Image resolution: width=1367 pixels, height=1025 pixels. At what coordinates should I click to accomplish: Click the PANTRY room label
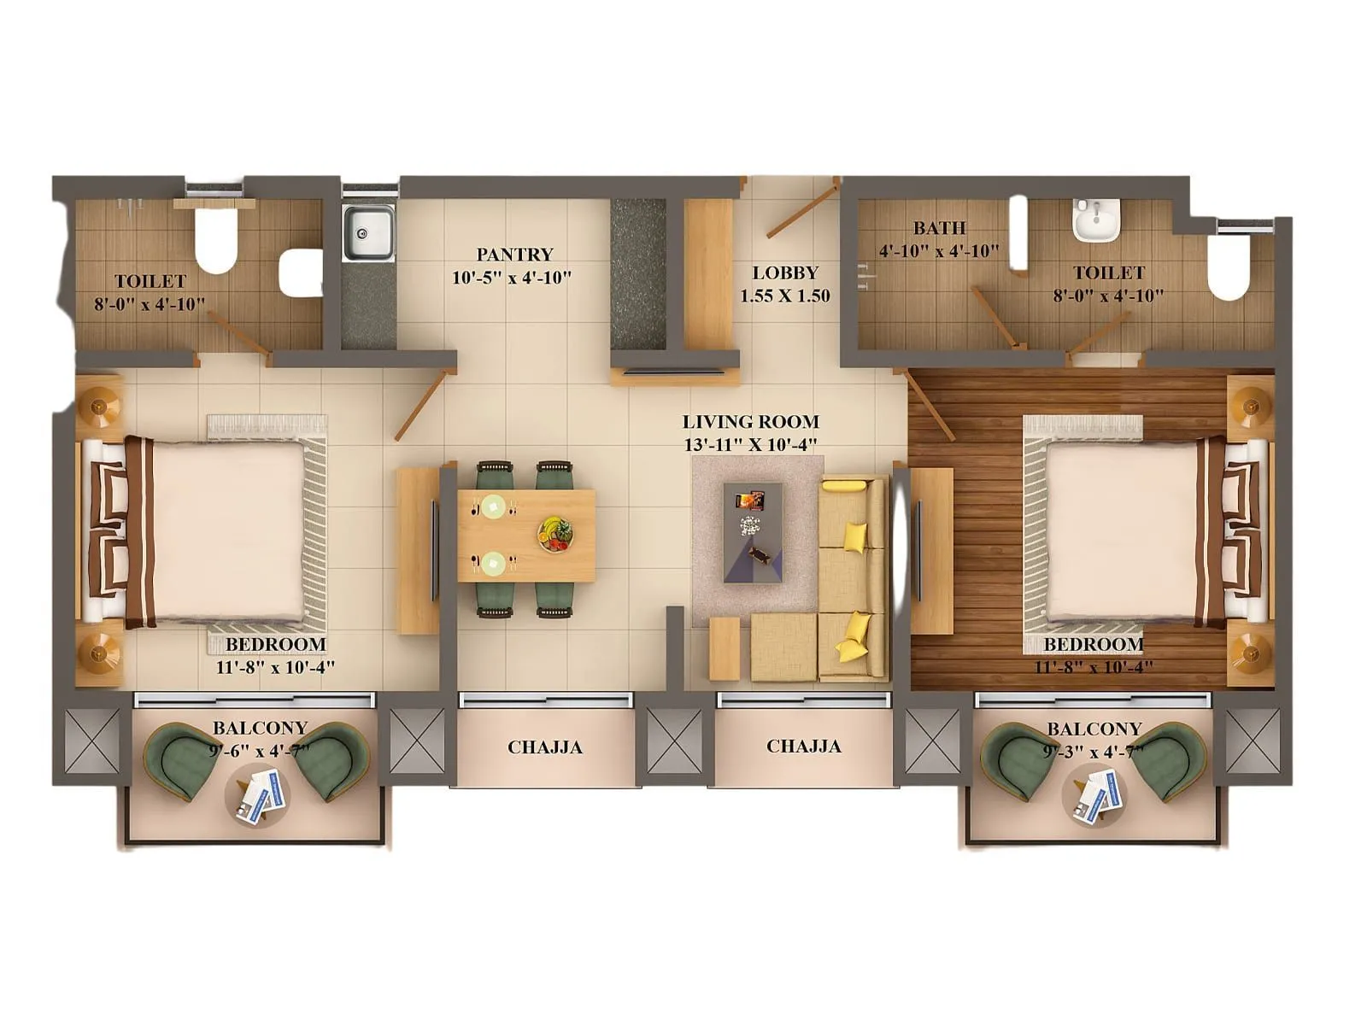coord(514,255)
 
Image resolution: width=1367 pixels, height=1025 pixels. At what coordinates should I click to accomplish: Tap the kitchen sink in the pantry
coord(368,231)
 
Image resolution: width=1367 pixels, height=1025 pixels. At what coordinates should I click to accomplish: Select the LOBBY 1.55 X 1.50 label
coord(784,284)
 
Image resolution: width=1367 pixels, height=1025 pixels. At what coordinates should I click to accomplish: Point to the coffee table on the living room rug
coord(753,532)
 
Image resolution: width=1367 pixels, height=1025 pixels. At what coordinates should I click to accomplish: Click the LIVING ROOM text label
coord(750,422)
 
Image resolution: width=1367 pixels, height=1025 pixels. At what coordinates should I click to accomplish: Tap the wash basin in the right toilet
coord(1095,220)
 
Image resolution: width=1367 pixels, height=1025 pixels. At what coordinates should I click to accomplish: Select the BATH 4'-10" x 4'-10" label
coord(939,239)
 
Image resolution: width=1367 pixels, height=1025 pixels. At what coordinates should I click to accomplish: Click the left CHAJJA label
coord(544,747)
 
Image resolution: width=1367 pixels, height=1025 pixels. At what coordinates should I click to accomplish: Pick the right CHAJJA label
coord(803,747)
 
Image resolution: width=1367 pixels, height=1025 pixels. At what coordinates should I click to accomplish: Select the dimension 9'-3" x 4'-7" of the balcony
coord(1094,753)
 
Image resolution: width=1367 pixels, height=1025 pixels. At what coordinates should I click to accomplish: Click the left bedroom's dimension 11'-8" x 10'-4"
coord(275,667)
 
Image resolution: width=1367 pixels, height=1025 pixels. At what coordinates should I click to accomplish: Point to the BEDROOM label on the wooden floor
coord(1093,644)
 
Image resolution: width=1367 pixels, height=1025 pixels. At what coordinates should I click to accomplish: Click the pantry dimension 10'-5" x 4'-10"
coord(512,278)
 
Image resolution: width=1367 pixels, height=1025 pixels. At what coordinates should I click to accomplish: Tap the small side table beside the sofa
coord(724,647)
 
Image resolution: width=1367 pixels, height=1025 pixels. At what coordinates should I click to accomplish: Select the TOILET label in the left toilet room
coord(150,281)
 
